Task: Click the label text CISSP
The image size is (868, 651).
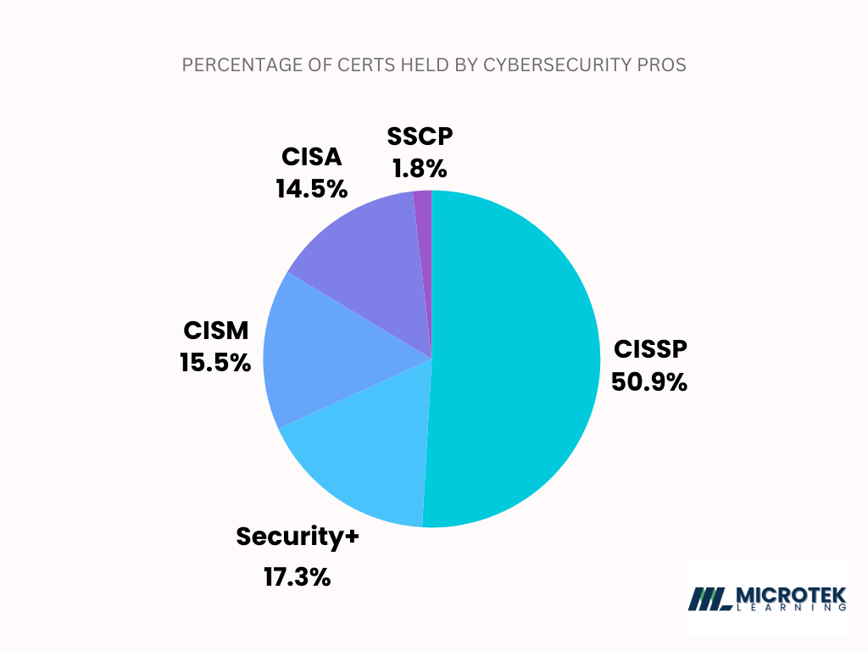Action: (648, 349)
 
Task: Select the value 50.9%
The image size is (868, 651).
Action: (648, 382)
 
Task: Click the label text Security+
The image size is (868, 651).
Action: (298, 537)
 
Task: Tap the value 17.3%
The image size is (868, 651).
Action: (297, 578)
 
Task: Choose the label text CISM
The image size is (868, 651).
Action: (215, 331)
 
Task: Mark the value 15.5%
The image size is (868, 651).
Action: (215, 363)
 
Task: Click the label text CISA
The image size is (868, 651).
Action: (311, 157)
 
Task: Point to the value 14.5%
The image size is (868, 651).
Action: (311, 188)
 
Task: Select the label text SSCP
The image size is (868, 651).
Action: (420, 136)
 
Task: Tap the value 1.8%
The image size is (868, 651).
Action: (420, 168)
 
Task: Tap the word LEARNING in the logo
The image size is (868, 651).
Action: (791, 608)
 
